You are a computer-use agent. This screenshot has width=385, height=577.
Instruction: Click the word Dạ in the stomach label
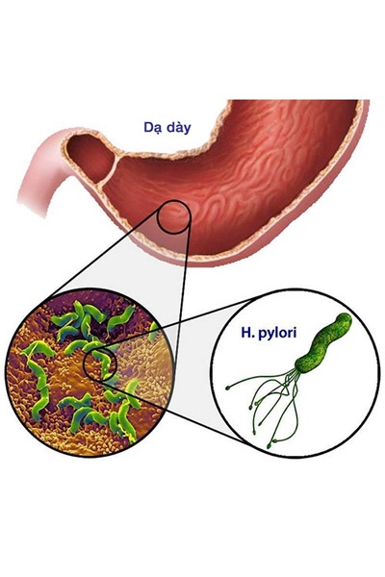tap(152, 128)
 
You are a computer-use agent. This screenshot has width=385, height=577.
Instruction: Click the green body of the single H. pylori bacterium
tap(322, 343)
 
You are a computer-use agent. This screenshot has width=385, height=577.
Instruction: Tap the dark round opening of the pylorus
tap(90, 159)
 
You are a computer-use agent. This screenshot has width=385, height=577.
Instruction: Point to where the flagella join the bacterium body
tap(295, 371)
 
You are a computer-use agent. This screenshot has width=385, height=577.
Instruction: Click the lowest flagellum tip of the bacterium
tap(269, 446)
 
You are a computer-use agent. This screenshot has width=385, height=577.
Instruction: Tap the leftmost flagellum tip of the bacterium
tap(228, 388)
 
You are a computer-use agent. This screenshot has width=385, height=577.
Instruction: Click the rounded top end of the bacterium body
tap(345, 318)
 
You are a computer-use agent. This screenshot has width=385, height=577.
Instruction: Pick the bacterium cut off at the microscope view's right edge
tap(153, 332)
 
